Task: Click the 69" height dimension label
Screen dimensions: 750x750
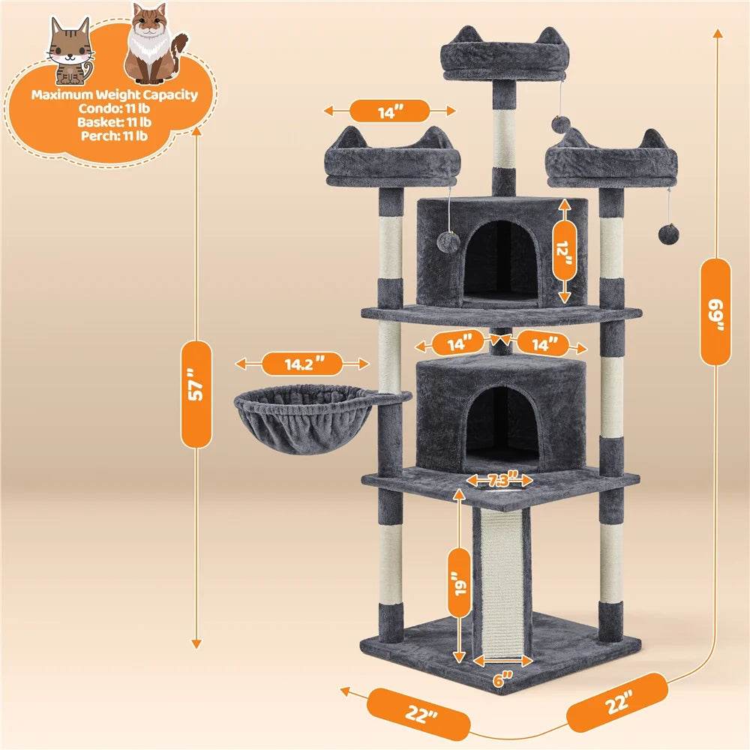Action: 718,311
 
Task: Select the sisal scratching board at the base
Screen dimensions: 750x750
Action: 501,577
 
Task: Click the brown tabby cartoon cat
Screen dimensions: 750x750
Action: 69,51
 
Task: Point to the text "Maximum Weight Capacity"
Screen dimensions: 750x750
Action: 115,95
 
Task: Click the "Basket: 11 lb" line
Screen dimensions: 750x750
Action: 115,122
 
